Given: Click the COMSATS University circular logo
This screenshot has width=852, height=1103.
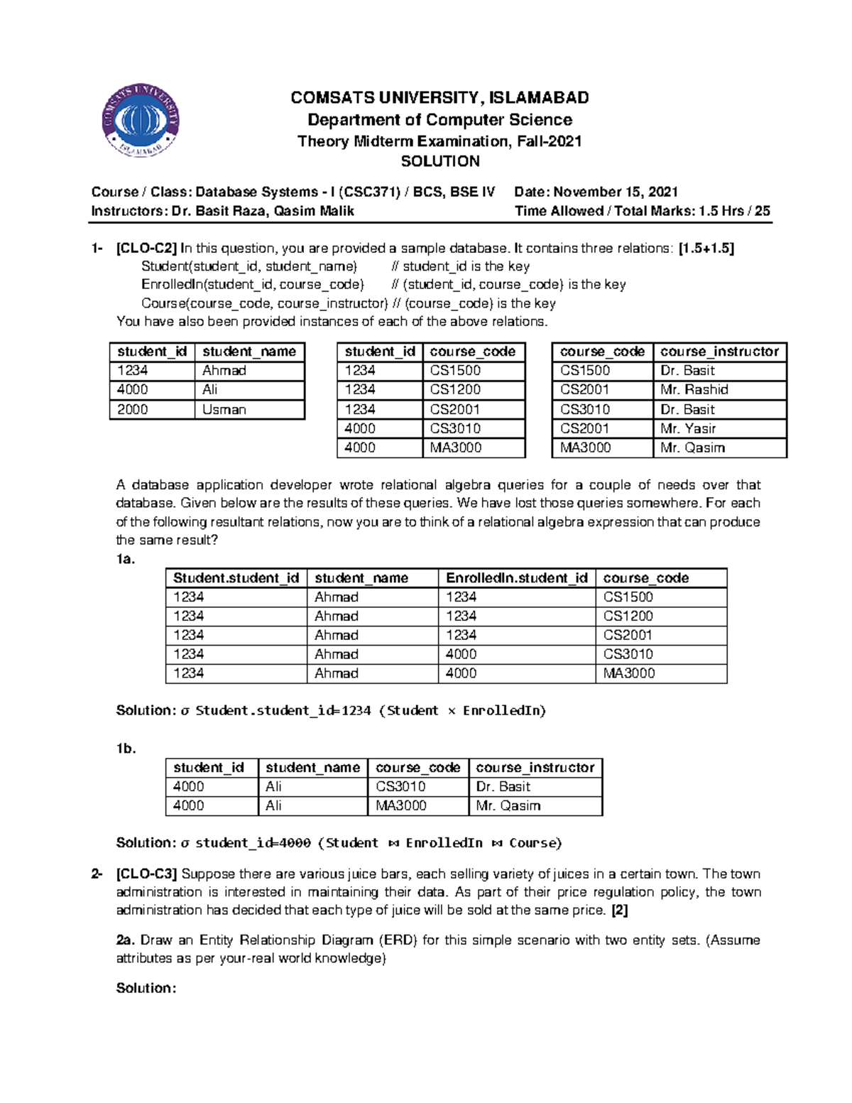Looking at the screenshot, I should (x=141, y=119).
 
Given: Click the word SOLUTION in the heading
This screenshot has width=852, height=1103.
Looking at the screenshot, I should (x=440, y=161).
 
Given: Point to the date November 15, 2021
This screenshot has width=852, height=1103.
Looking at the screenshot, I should (x=615, y=192).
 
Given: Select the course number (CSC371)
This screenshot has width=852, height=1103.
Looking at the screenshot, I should (x=369, y=192).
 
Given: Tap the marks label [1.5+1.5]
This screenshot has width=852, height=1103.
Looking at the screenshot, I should (x=706, y=249).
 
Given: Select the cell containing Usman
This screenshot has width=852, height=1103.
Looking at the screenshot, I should (x=224, y=410).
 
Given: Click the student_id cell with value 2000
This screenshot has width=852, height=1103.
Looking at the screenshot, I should (x=133, y=410).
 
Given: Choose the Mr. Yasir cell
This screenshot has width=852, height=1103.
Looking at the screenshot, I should (x=687, y=429).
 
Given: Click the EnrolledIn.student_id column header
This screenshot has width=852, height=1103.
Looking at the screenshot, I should (x=516, y=578).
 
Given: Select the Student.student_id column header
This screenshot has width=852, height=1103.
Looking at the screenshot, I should (x=236, y=578).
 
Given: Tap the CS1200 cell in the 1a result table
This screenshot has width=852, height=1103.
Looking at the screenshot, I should (x=628, y=616).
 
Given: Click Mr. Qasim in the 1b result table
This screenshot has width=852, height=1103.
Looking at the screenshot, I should (x=508, y=806).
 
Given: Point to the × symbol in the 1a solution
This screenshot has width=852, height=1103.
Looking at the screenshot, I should (x=451, y=711).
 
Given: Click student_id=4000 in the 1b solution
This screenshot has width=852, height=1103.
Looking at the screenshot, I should (x=253, y=843).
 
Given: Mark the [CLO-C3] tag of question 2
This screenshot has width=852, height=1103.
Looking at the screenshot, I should (x=146, y=874).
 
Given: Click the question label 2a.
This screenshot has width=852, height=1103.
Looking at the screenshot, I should (x=126, y=940).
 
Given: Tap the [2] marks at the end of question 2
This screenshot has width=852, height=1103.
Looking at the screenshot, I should (x=619, y=911).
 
